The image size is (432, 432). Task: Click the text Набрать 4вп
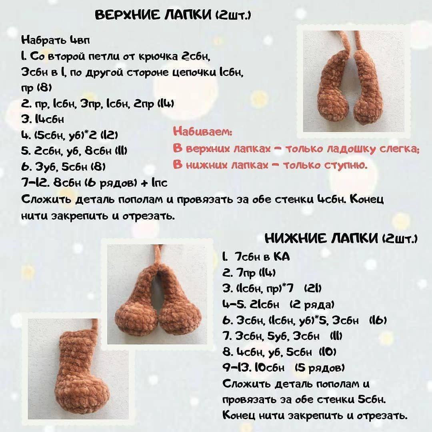coord(56,40)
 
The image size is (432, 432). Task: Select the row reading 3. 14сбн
coord(42,120)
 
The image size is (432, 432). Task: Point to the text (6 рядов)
coord(113,183)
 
